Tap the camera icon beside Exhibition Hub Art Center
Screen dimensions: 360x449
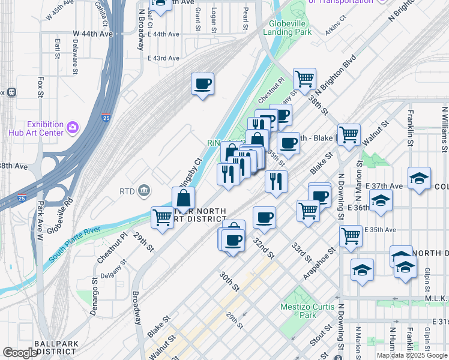(73, 127)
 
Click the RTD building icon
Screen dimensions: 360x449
(145, 191)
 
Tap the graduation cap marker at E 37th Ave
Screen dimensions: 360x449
(419, 178)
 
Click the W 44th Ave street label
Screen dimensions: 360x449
(92, 34)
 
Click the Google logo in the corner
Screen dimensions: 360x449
(20, 353)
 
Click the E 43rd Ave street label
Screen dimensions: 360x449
(163, 58)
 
